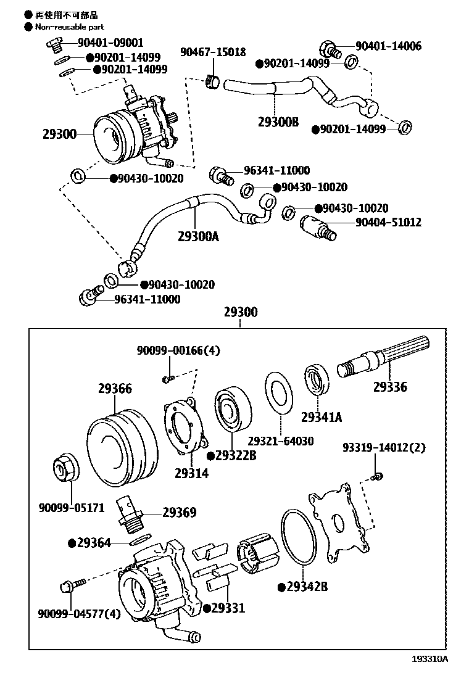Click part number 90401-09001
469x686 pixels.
(110, 43)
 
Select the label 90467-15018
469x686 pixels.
(213, 52)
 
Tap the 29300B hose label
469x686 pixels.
(278, 122)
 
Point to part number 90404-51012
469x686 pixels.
(388, 222)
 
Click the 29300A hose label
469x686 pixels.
(198, 236)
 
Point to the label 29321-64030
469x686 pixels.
(281, 441)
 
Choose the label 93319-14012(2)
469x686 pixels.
(384, 448)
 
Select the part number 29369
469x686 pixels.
(180, 513)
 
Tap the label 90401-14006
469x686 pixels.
(388, 46)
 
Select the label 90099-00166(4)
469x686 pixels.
(178, 350)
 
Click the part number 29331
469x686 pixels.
(228, 608)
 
